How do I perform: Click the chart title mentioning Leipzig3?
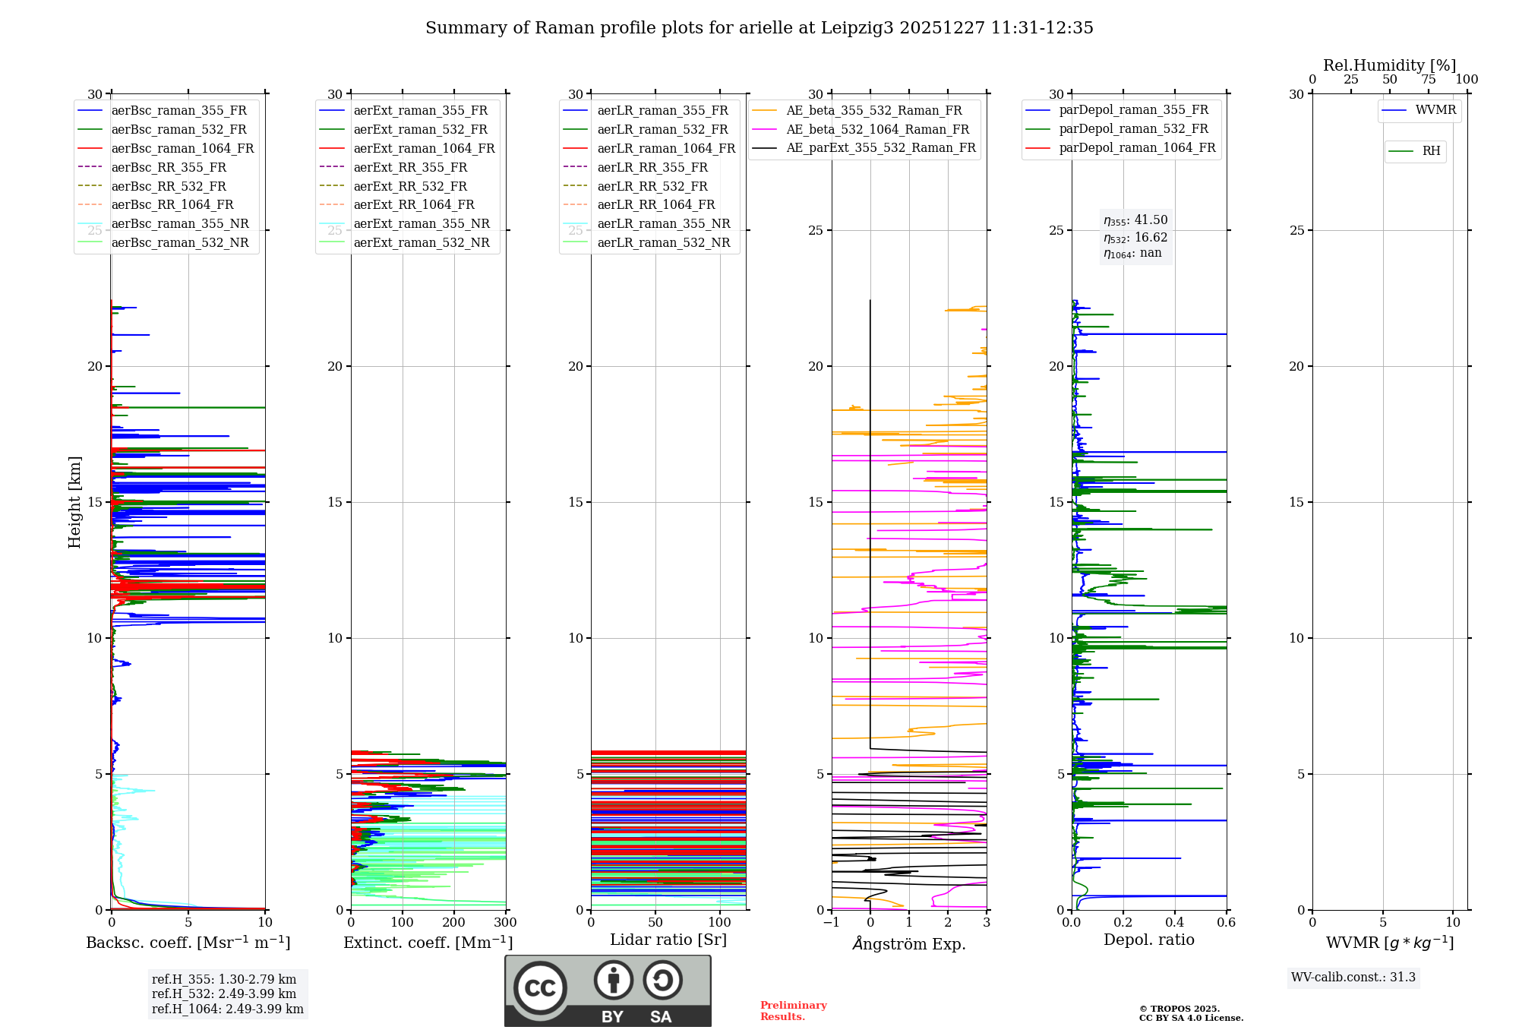coord(759,28)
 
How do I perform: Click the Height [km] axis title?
coord(74,502)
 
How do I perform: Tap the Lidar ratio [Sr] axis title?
coord(668,940)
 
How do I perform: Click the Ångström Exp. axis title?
coord(909,943)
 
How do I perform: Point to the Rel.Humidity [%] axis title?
coord(1390,65)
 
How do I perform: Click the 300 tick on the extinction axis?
coord(505,922)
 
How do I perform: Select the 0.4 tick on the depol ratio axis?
coord(1175,922)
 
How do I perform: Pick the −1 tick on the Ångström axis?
coord(832,922)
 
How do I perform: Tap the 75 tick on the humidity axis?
coord(1429,79)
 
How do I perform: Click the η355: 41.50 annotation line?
coord(1135,220)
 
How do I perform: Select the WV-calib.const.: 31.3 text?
coord(1353,977)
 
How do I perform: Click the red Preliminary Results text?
coord(794,1010)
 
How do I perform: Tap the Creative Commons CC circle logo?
coord(540,988)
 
